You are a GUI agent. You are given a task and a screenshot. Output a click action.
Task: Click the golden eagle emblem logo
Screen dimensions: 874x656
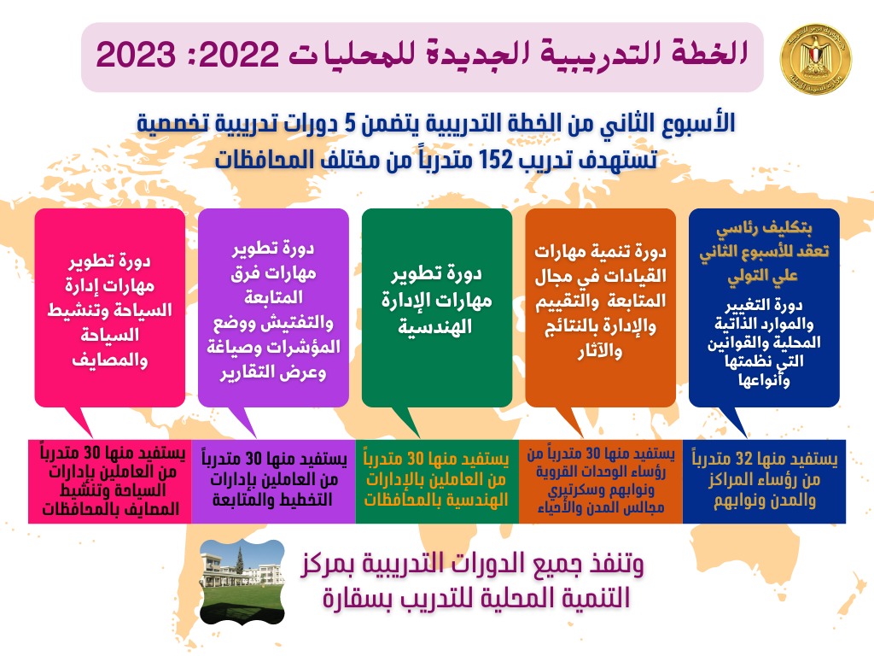coord(816,59)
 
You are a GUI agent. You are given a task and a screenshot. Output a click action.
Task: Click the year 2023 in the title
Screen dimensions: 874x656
coord(136,56)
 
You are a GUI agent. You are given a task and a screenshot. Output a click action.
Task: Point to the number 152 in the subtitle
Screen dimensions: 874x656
coord(495,160)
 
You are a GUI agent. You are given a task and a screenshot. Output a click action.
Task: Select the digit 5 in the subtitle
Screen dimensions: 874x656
coord(349,123)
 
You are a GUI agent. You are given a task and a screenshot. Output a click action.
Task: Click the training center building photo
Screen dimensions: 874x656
coord(242,582)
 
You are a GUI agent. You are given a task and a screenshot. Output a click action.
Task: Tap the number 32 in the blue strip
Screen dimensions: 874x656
coord(744,459)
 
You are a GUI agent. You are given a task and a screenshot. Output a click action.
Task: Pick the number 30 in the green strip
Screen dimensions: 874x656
coord(416,459)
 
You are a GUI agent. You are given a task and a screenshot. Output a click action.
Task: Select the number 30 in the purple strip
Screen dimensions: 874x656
coord(253,459)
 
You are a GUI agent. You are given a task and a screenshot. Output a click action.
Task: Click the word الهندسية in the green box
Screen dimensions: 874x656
coord(435,326)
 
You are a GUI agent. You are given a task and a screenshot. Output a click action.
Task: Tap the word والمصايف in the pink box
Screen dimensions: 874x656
coord(110,360)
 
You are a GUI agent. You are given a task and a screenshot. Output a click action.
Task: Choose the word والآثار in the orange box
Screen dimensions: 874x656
coord(600,351)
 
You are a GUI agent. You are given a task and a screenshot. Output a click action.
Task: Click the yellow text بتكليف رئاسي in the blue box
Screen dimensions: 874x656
coord(764,228)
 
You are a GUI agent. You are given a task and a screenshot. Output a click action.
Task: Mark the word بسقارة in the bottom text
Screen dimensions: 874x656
coord(351,599)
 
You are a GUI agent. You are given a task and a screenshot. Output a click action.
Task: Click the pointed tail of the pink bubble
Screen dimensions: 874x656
coord(92,437)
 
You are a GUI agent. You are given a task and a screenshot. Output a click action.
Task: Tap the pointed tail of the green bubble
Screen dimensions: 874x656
coord(420,437)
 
